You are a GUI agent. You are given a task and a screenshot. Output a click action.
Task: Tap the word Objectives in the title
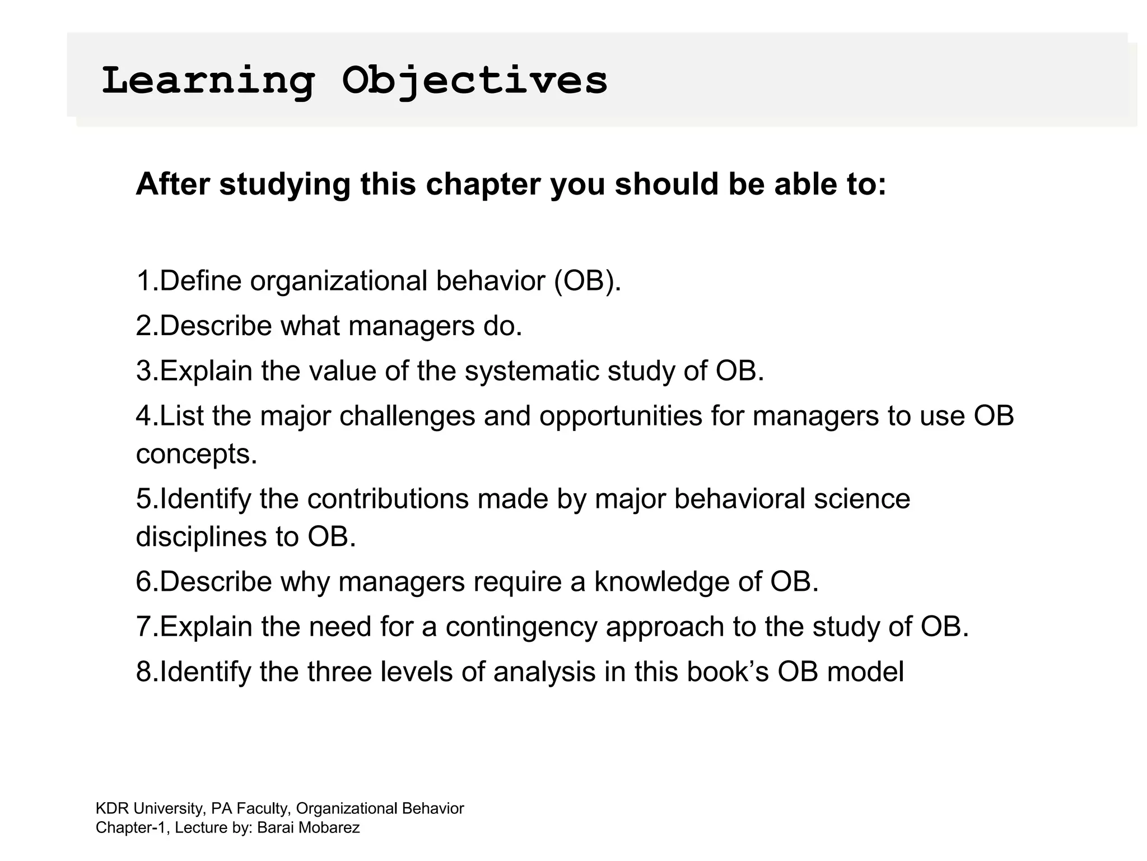pyautogui.click(x=474, y=81)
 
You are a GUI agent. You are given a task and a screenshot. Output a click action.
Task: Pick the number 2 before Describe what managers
pyautogui.click(x=143, y=326)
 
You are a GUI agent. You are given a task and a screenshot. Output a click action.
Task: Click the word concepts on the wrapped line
pyautogui.click(x=196, y=454)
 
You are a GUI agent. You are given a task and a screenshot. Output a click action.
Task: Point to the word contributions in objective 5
pyautogui.click(x=388, y=499)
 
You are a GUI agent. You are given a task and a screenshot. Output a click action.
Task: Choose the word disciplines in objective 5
pyautogui.click(x=201, y=537)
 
